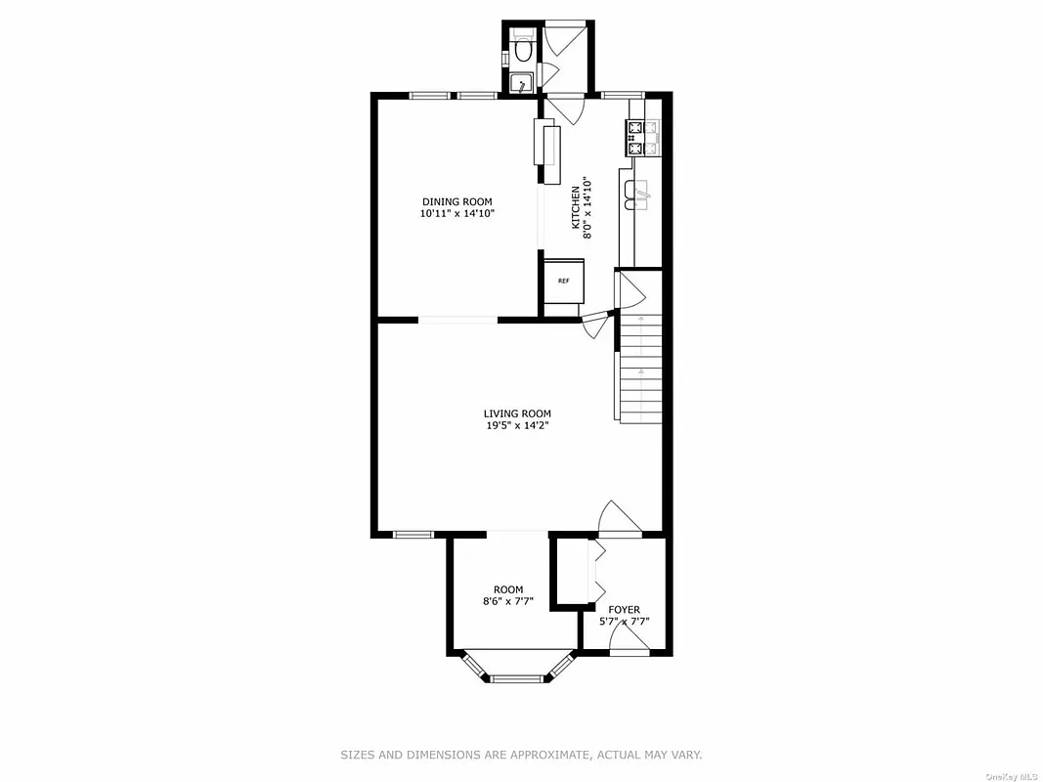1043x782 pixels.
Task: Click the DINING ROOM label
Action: coord(456,201)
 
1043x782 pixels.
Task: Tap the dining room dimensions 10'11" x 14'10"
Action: coord(456,213)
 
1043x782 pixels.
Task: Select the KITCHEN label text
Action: coord(576,208)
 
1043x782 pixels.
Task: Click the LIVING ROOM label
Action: coord(517,413)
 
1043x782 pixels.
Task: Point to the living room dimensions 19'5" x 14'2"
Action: coord(517,425)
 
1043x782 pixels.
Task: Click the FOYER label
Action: coord(624,610)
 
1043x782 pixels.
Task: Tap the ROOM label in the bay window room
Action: coord(507,589)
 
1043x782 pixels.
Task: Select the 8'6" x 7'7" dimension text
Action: coord(507,601)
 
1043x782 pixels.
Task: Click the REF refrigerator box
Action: coord(564,281)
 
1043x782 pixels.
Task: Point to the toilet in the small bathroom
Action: coord(522,46)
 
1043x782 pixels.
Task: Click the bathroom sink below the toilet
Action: coord(522,83)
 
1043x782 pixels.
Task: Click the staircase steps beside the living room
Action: coord(640,371)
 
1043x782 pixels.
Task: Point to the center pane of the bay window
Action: coord(517,676)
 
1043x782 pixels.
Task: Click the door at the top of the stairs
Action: coord(628,288)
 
